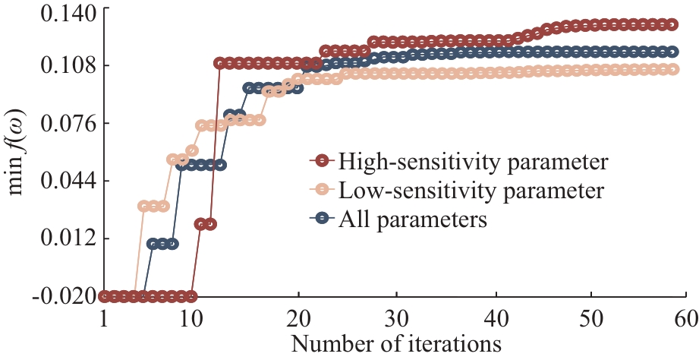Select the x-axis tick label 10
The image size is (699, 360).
[192, 316]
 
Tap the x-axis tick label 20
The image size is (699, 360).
[298, 316]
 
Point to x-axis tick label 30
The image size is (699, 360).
[396, 316]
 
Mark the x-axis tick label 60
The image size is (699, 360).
[685, 316]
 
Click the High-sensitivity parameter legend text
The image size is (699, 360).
[474, 161]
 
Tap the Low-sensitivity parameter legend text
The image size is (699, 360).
[471, 190]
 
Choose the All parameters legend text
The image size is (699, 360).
[413, 219]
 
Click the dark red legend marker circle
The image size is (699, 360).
[323, 161]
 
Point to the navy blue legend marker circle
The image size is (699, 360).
[323, 219]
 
